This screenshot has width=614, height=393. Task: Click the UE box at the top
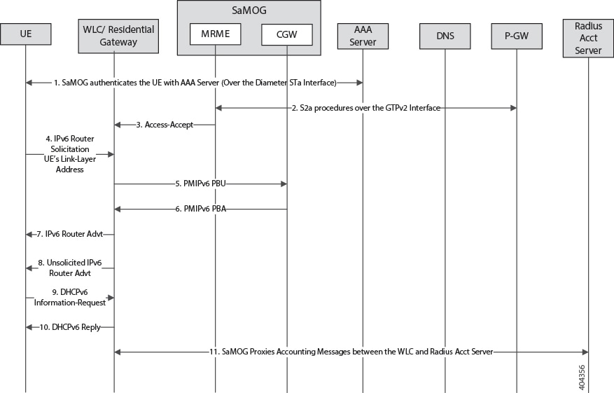[26, 34]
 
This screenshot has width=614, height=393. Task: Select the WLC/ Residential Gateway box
[118, 36]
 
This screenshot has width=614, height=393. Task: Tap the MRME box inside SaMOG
[216, 34]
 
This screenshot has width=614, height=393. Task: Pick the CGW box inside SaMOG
[287, 34]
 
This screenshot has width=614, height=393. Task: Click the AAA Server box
[363, 36]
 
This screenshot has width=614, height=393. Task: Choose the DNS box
[445, 36]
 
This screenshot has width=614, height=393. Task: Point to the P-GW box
[517, 36]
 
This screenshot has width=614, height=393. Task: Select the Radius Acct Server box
[588, 38]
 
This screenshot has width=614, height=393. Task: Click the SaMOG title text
[249, 11]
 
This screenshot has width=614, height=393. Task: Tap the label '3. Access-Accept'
[165, 125]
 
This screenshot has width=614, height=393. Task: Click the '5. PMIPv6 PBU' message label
[200, 184]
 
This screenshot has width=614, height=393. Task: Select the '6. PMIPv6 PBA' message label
[200, 209]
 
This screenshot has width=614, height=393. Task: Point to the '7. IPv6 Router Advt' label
[70, 234]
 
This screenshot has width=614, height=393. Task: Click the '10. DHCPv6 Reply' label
[70, 327]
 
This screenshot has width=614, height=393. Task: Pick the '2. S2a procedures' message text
[366, 108]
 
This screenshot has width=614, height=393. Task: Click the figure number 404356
[582, 378]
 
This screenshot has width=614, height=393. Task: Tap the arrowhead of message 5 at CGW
[284, 184]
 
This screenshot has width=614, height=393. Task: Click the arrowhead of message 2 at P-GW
[513, 108]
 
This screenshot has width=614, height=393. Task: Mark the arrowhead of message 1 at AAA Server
[359, 83]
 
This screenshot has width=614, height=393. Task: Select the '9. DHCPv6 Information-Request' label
[70, 298]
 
